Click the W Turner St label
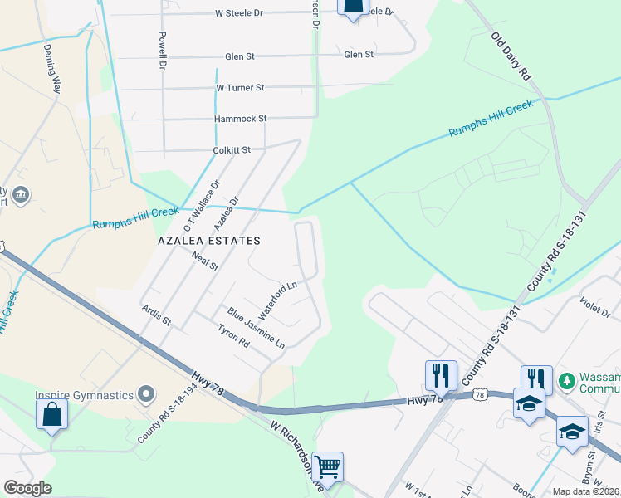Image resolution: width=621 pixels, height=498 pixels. pyautogui.click(x=240, y=87)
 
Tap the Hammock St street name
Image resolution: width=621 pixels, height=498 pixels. pyautogui.click(x=240, y=119)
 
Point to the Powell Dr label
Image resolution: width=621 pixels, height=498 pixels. pyautogui.click(x=164, y=51)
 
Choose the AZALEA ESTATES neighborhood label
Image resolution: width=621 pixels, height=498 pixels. pyautogui.click(x=209, y=241)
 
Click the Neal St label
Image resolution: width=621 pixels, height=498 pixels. pyautogui.click(x=204, y=262)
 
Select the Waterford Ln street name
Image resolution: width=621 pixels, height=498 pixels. pyautogui.click(x=277, y=300)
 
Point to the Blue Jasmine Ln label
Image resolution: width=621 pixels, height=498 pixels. pyautogui.click(x=257, y=328)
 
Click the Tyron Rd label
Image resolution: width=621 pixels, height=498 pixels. pyautogui.click(x=233, y=335)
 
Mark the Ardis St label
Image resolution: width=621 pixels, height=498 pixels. pyautogui.click(x=155, y=315)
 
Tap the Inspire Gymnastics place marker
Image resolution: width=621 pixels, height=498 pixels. pyautogui.click(x=147, y=393)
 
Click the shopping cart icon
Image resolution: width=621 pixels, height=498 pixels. pyautogui.click(x=328, y=466)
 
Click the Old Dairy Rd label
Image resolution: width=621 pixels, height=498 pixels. pyautogui.click(x=511, y=56)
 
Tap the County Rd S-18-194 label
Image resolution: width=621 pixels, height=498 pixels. pyautogui.click(x=170, y=413)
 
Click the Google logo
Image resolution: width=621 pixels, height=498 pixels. pyautogui.click(x=28, y=488)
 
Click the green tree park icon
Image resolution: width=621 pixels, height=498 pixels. pyautogui.click(x=567, y=380)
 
